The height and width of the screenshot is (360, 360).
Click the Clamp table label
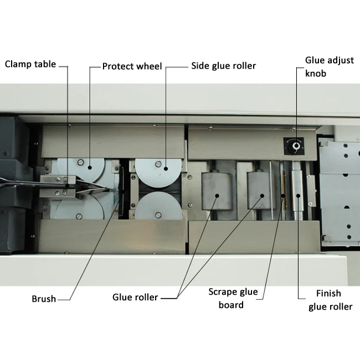(30, 64)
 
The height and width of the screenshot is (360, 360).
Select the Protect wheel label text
(132, 66)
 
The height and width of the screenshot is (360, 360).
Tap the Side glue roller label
(224, 66)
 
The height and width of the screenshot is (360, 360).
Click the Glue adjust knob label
(329, 66)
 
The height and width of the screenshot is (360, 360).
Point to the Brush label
(44, 299)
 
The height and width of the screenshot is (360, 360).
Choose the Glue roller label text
(135, 297)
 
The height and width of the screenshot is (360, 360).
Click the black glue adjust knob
(296, 146)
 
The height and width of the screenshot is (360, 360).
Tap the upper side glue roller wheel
(158, 172)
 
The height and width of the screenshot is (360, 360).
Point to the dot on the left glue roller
(215, 195)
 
